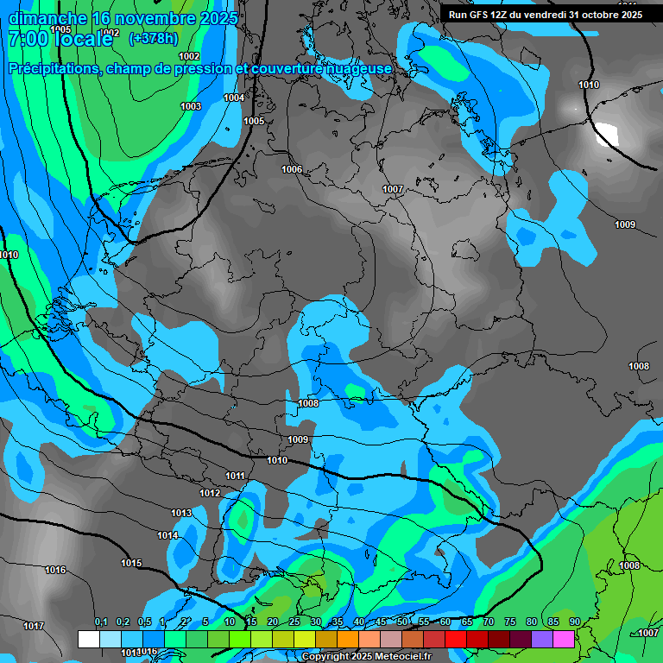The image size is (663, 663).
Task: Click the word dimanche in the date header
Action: (47, 18)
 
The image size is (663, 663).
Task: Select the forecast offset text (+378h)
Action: (154, 38)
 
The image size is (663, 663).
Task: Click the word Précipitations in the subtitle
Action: (52, 68)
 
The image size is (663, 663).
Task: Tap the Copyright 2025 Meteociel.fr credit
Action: (366, 656)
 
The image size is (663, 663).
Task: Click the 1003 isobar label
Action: (191, 106)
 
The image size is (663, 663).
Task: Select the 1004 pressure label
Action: (234, 98)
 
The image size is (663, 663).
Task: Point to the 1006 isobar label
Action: (292, 169)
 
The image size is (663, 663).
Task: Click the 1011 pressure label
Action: (235, 476)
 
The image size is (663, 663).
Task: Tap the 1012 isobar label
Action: (210, 493)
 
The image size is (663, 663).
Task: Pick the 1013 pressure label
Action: (181, 513)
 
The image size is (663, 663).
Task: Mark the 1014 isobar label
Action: (167, 535)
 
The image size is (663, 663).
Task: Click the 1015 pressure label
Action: (131, 563)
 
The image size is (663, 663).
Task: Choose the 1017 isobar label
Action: (34, 626)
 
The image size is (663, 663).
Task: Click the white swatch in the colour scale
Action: (88, 639)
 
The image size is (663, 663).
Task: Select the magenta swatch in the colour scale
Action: (564, 639)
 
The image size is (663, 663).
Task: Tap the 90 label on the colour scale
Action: (574, 622)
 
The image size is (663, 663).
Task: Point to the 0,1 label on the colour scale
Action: (101, 622)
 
